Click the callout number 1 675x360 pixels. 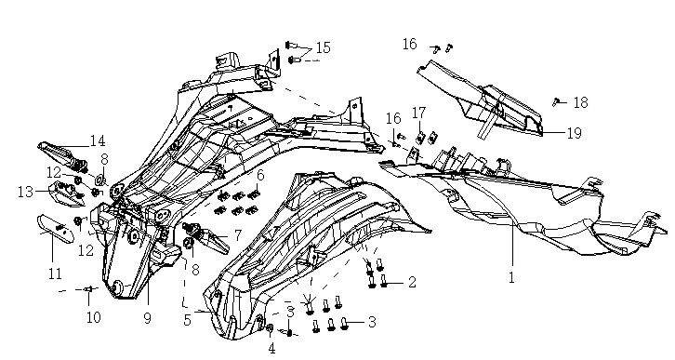(x=511, y=278)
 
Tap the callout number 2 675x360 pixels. (x=412, y=283)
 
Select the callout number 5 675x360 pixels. (x=187, y=320)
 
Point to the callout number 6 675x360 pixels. (x=260, y=176)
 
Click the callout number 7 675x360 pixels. (x=238, y=235)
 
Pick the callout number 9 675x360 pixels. (x=147, y=318)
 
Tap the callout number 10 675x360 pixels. (x=93, y=317)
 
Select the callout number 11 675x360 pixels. (x=55, y=273)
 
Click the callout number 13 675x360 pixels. (x=25, y=192)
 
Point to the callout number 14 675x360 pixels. (x=98, y=140)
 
